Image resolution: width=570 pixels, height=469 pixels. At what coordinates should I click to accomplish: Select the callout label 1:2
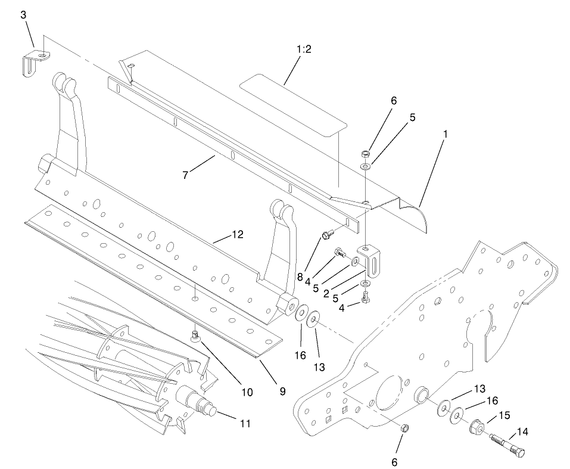pyautogui.click(x=304, y=49)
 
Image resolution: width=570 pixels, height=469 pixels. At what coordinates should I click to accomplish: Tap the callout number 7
pyautogui.click(x=186, y=175)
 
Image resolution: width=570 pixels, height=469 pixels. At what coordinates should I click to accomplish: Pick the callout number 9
pyautogui.click(x=282, y=392)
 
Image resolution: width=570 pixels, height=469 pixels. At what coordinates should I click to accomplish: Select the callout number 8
pyautogui.click(x=300, y=277)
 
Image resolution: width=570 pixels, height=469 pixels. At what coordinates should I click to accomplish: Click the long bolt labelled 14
pyautogui.click(x=506, y=445)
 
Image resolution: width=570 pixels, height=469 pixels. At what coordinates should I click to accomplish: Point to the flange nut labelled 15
pyautogui.click(x=477, y=427)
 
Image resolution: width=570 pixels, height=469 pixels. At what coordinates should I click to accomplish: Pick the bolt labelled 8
pyautogui.click(x=326, y=235)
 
